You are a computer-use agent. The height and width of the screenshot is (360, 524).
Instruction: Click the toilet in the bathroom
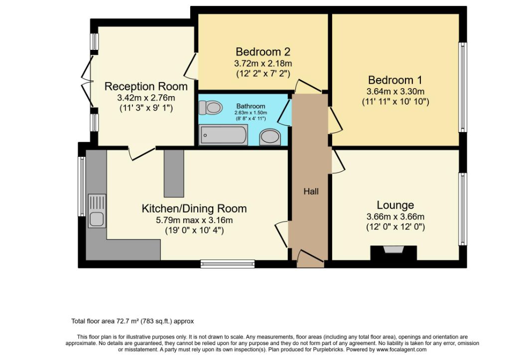211,108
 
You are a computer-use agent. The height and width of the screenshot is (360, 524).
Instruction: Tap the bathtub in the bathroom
223,134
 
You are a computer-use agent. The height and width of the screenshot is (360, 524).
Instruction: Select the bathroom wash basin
270,137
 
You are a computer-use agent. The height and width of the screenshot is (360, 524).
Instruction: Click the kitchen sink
97,211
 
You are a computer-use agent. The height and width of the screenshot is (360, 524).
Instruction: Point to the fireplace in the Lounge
393,253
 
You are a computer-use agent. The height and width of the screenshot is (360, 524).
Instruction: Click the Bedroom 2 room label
263,52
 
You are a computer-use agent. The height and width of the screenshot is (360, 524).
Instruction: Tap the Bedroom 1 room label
395,80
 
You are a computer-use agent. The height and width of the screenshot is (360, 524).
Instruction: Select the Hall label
311,191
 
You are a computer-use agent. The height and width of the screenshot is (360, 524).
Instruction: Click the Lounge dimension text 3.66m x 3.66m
395,217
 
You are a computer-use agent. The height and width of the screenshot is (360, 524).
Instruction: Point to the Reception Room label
146,86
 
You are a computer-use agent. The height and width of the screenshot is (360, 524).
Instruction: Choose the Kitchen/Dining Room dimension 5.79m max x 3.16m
194,221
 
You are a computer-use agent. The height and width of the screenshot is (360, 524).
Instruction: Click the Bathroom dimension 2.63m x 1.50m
251,113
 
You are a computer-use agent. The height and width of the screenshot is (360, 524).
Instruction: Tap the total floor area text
132,321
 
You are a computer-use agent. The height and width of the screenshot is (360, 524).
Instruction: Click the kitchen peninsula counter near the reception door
174,173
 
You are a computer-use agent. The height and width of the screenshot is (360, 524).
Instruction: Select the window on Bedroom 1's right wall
463,87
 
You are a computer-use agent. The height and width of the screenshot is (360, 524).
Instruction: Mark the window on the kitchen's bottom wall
228,264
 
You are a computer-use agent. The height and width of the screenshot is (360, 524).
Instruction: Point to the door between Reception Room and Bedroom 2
191,65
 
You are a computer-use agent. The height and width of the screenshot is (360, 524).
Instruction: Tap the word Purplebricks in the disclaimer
328,350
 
